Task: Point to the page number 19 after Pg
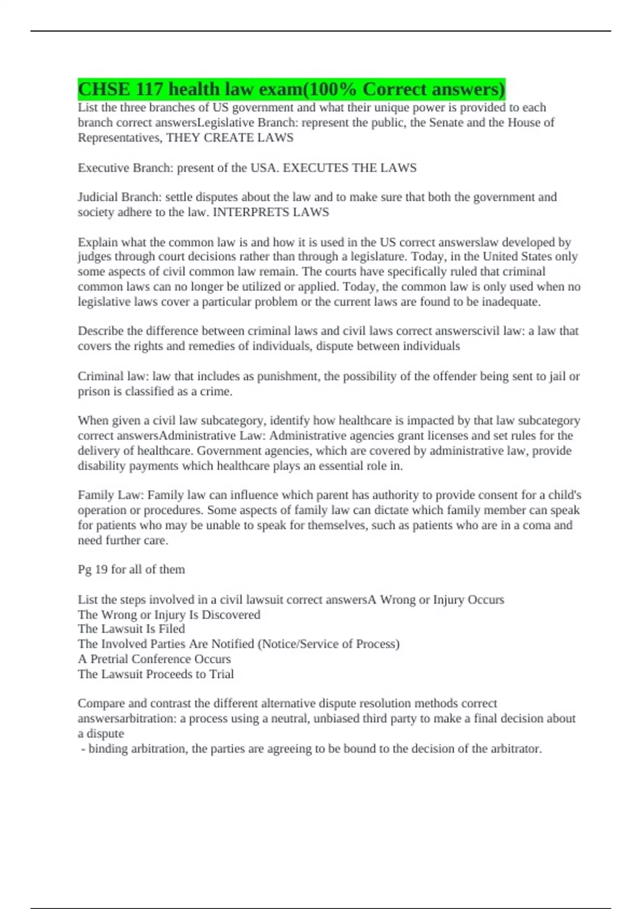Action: click(101, 569)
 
